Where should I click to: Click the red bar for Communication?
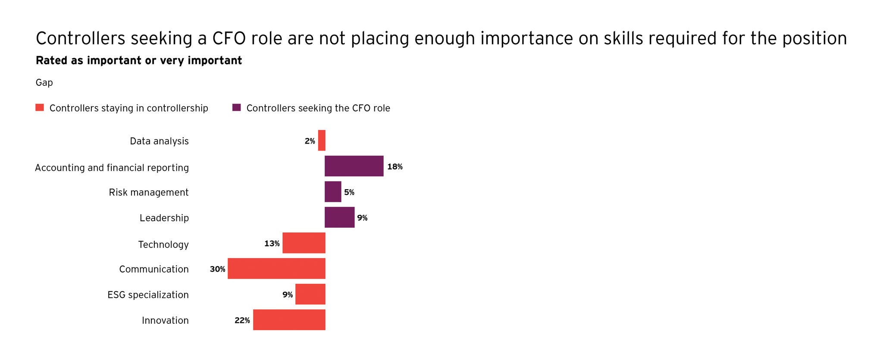(x=276, y=269)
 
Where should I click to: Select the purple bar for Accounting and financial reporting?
(x=354, y=166)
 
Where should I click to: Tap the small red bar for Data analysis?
(x=322, y=141)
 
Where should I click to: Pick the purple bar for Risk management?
(x=333, y=192)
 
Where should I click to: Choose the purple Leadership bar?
(x=339, y=217)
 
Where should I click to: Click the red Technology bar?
(x=304, y=243)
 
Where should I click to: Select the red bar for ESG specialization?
(x=310, y=294)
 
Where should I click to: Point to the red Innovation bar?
(x=289, y=320)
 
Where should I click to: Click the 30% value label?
(x=217, y=269)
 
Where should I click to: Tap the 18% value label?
(x=395, y=167)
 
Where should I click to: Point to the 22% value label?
(x=242, y=321)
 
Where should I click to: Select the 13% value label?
(x=272, y=244)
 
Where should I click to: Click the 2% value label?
(x=310, y=141)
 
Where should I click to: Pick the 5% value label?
(x=349, y=193)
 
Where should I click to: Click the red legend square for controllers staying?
(x=40, y=108)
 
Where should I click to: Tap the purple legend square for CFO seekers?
(x=236, y=108)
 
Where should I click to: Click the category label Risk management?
(x=149, y=192)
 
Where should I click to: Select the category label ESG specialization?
(x=148, y=295)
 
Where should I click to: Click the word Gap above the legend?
(x=44, y=82)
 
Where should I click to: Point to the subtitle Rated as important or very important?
(x=139, y=61)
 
